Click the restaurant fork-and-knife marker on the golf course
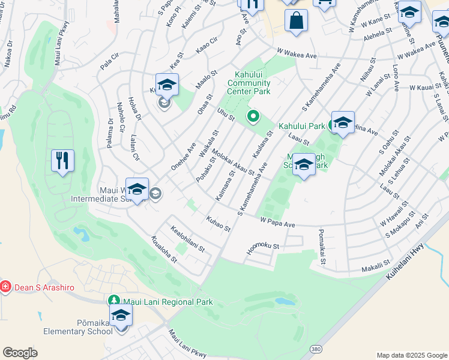pyautogui.click(x=62, y=161)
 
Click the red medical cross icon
pyautogui.click(x=6, y=287)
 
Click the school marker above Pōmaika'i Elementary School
pyautogui.click(x=121, y=316)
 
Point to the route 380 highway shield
pyautogui.click(x=315, y=349)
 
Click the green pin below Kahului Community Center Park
pyautogui.click(x=253, y=116)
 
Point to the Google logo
pyautogui.click(x=20, y=353)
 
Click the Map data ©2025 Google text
pyautogui.click(x=412, y=355)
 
